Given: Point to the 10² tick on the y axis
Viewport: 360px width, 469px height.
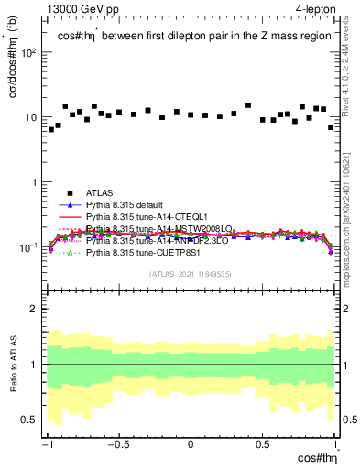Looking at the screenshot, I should pos(30,52).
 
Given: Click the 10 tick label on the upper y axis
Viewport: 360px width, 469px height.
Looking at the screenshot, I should pos(33,117).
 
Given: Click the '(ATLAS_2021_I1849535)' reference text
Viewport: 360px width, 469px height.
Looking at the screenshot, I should pos(191,273).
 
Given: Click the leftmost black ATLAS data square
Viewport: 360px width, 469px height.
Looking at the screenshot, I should pos(51,130).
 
